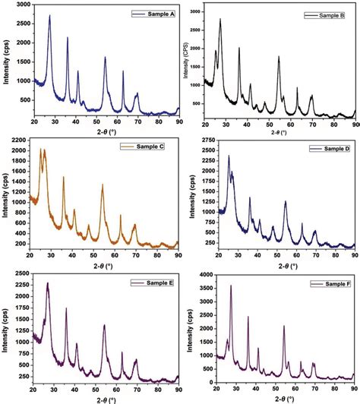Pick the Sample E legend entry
[x=155, y=282]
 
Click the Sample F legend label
[x=331, y=283]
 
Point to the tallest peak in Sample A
[x=50, y=16]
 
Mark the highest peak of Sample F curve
[x=231, y=286]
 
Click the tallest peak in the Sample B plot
[x=220, y=20]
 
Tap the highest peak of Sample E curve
[x=48, y=283]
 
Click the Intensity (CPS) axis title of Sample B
[x=185, y=62]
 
